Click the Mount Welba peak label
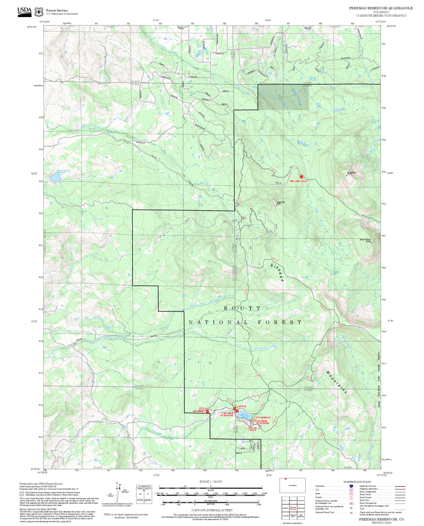351,173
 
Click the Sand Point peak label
281,203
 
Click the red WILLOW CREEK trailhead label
298,181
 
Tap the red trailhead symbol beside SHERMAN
207,411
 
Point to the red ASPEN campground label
242,406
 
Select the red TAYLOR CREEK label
252,429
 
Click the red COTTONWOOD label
262,418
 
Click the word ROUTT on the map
242,308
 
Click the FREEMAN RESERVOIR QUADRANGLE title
381,8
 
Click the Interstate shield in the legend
351,486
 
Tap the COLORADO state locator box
292,485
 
